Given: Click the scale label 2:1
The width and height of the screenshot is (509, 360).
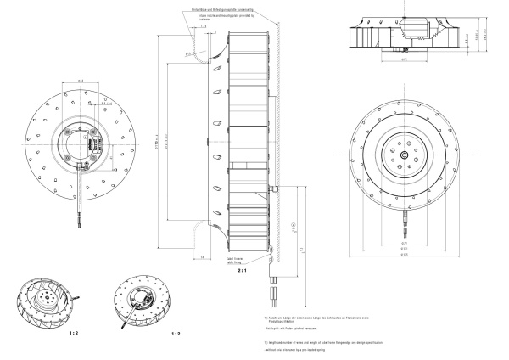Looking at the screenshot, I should (242, 273).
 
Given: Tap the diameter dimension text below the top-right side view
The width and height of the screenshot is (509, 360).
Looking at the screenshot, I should (405, 60).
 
